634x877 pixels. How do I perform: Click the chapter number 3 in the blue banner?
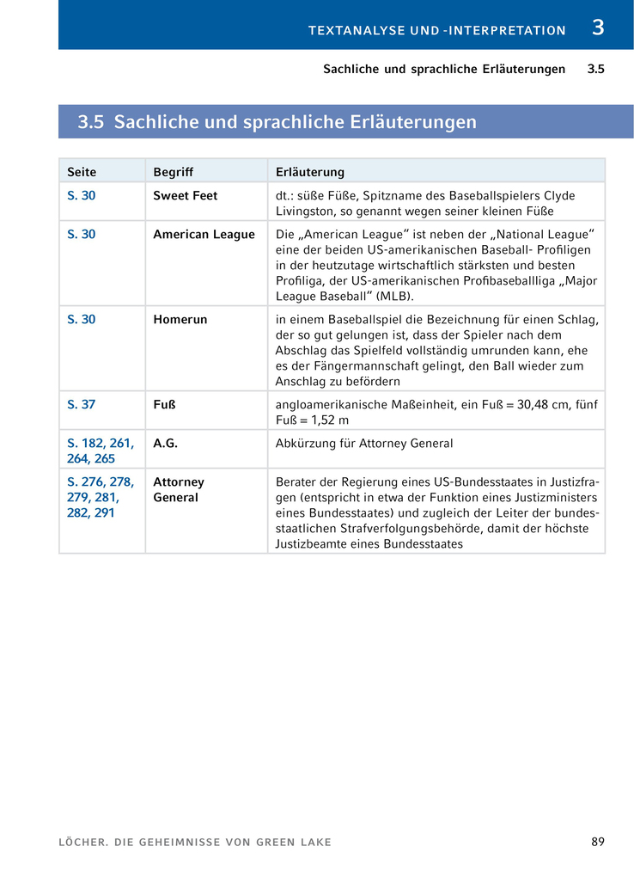(598, 28)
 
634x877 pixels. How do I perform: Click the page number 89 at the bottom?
(598, 842)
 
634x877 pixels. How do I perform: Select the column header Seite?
(82, 172)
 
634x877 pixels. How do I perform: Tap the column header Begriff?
(173, 172)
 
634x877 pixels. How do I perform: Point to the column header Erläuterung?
(310, 172)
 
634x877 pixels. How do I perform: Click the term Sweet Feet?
(185, 196)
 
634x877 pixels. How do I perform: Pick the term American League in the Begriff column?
(204, 235)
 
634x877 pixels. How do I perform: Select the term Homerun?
(180, 320)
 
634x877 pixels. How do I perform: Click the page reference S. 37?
(81, 405)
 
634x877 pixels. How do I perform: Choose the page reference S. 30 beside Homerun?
(81, 320)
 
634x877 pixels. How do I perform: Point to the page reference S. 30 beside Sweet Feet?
(81, 196)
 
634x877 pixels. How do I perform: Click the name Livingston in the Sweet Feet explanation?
(306, 211)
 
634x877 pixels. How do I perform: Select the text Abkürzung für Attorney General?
(363, 444)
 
